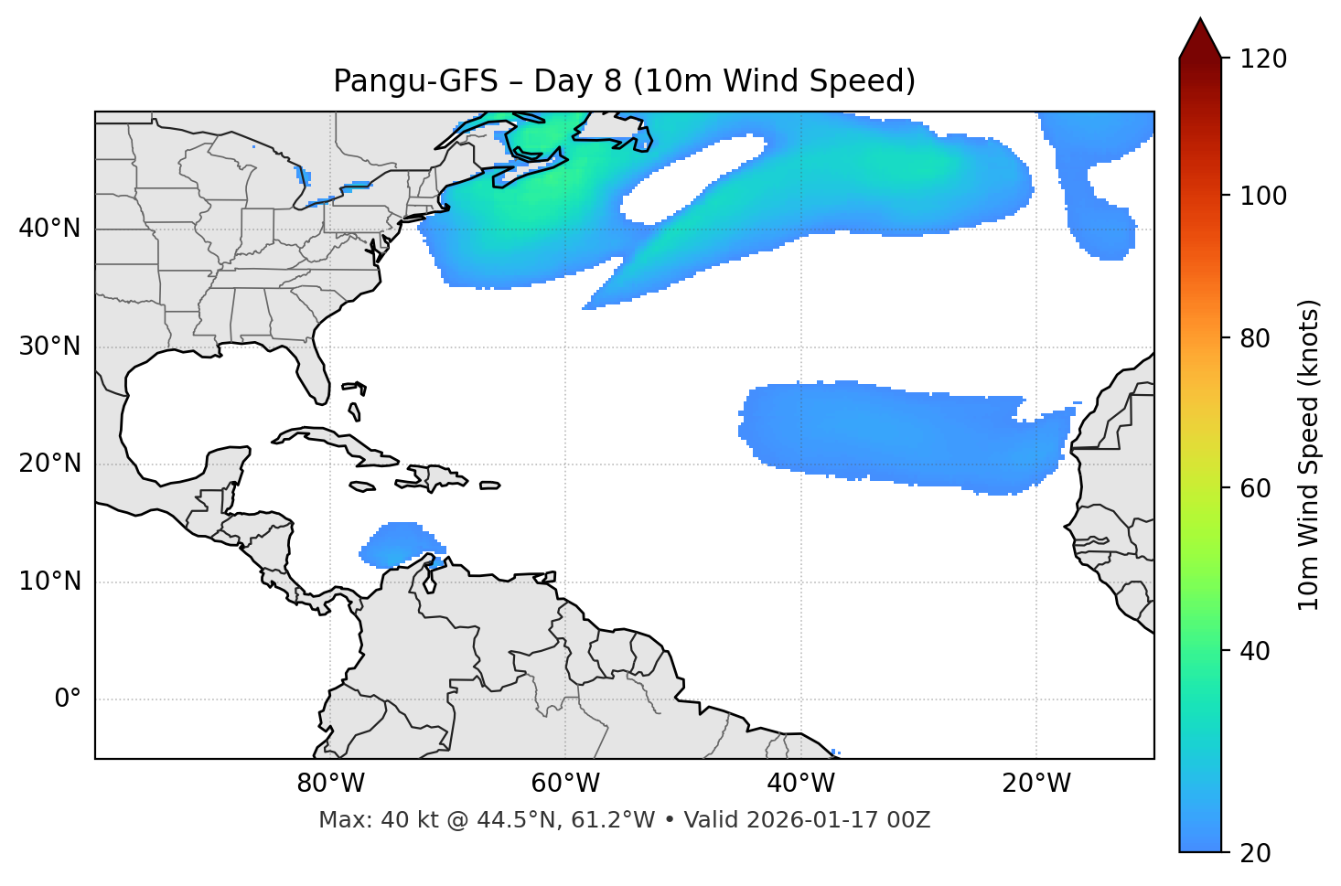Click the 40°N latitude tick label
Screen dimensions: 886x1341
click(x=49, y=229)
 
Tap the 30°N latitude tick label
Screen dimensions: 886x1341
click(x=49, y=347)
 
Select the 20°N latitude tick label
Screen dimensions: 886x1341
click(x=49, y=464)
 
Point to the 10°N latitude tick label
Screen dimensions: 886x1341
click(x=49, y=582)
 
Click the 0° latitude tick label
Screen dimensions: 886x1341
click(x=68, y=699)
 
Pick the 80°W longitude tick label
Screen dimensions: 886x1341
click(x=330, y=784)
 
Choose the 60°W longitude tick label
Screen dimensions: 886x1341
click(x=565, y=784)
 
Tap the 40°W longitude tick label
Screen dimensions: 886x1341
click(x=800, y=784)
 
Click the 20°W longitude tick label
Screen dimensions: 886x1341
click(x=1035, y=784)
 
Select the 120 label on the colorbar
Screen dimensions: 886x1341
click(x=1263, y=59)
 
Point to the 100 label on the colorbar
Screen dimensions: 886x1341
click(x=1263, y=197)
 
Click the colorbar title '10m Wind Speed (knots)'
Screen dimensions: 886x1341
click(x=1309, y=455)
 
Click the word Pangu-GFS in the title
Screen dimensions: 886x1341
click(x=415, y=81)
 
